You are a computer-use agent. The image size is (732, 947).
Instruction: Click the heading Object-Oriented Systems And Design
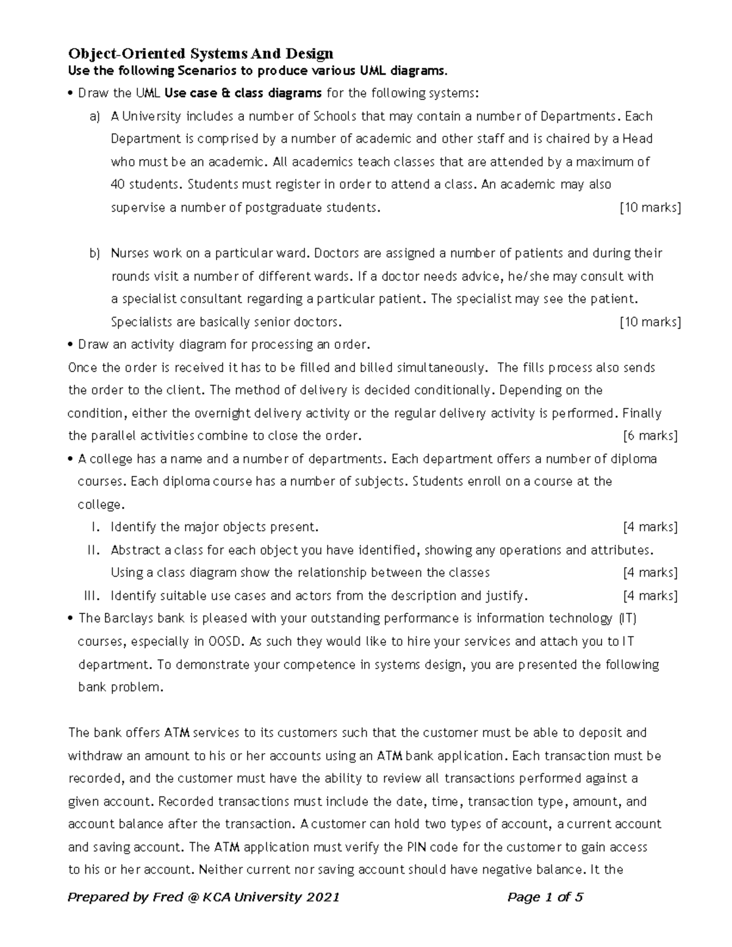(201, 54)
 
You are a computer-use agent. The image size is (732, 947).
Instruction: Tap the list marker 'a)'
(95, 116)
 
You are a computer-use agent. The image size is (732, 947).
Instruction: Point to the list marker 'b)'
(95, 253)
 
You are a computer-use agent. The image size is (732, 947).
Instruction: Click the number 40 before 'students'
(118, 185)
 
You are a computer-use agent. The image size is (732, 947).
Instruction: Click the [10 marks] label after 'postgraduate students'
(650, 208)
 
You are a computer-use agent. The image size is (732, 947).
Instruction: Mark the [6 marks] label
(650, 436)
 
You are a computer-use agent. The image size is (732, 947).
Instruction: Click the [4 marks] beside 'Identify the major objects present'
(650, 527)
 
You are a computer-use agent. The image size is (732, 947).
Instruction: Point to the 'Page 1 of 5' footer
(545, 897)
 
